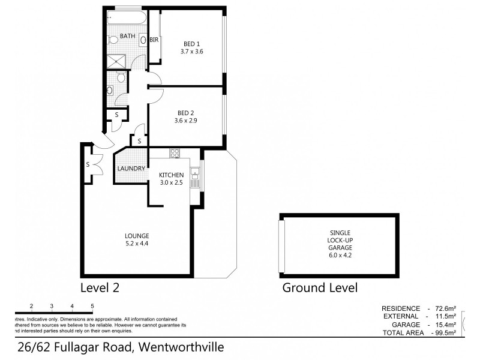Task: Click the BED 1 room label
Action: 192,43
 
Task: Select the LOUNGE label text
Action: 137,235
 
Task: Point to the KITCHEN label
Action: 170,175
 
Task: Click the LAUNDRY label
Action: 131,169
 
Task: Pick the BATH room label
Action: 127,37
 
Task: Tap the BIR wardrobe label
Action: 154,40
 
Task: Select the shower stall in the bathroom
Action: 115,61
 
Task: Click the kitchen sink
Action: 194,175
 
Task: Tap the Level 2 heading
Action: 100,287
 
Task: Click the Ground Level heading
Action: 320,287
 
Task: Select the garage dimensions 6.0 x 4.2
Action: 340,254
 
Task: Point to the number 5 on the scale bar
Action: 92,306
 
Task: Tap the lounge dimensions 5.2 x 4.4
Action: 137,243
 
